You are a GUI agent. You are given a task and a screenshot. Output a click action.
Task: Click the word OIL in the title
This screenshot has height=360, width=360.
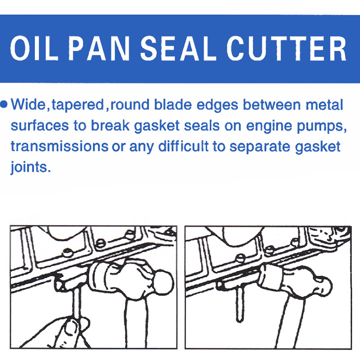point(34,49)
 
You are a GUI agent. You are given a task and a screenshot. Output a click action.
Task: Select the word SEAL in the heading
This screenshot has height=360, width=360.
point(178,49)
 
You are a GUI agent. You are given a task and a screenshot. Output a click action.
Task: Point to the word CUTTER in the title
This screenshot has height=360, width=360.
point(287,49)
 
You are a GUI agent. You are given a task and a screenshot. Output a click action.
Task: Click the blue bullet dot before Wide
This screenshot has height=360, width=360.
point(4,104)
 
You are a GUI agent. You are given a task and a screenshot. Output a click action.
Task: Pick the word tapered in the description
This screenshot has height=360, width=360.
point(78,105)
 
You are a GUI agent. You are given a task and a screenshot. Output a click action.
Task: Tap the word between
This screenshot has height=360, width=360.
point(272,104)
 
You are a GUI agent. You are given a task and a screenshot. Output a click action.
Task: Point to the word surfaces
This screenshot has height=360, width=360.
point(40,126)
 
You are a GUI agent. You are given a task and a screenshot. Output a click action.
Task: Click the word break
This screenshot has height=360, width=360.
point(110,126)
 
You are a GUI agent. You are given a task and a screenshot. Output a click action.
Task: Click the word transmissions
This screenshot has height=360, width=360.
point(59,147)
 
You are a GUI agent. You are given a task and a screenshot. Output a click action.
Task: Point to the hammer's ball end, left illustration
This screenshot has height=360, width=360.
point(163,283)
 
